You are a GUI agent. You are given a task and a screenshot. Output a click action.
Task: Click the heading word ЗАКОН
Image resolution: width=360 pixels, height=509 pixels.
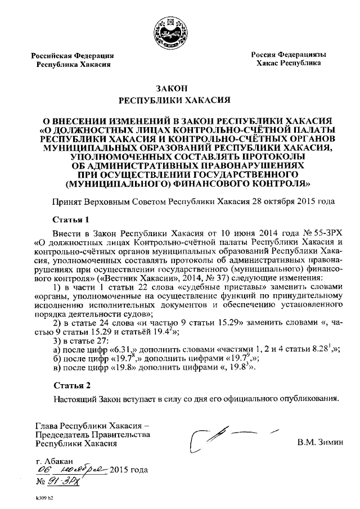pos(174,88)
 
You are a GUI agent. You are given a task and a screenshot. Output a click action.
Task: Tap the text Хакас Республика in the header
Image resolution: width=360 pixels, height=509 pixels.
pos(288,64)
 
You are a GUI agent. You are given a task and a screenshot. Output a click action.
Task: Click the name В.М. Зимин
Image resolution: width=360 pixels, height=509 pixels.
pos(319,443)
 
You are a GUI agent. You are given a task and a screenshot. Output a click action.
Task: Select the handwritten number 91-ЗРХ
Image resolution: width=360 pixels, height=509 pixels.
pos(65,481)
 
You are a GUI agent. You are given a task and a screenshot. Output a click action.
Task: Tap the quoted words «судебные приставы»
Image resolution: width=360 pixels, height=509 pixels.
pos(211,286)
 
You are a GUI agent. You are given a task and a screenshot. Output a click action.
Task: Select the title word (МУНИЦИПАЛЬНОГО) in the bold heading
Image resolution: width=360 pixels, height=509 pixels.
pos(119,183)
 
